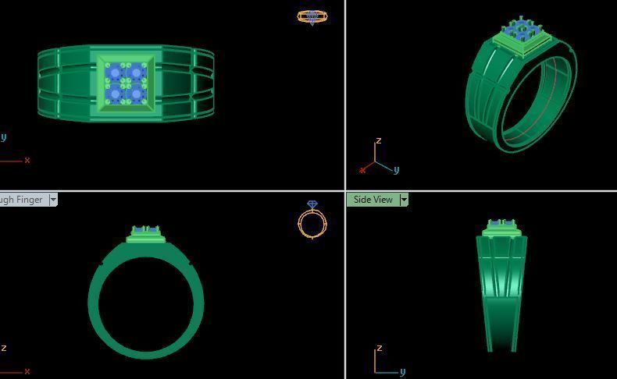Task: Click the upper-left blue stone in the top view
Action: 116,73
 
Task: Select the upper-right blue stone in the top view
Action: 136,73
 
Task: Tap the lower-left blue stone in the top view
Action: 116,94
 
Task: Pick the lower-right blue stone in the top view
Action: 136,94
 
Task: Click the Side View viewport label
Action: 373,200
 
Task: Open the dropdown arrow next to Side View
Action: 404,200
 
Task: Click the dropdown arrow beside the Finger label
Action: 53,200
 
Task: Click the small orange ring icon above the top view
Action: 312,16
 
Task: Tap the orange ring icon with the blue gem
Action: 312,220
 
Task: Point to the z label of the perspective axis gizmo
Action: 378,141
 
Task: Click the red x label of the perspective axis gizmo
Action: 362,170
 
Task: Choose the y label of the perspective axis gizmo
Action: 397,170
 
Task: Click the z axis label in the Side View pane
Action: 378,348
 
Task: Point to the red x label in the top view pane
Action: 27,161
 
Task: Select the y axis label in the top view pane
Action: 4,137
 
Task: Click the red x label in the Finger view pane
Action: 27,372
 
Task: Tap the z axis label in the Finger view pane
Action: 4,348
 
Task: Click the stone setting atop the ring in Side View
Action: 501,228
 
